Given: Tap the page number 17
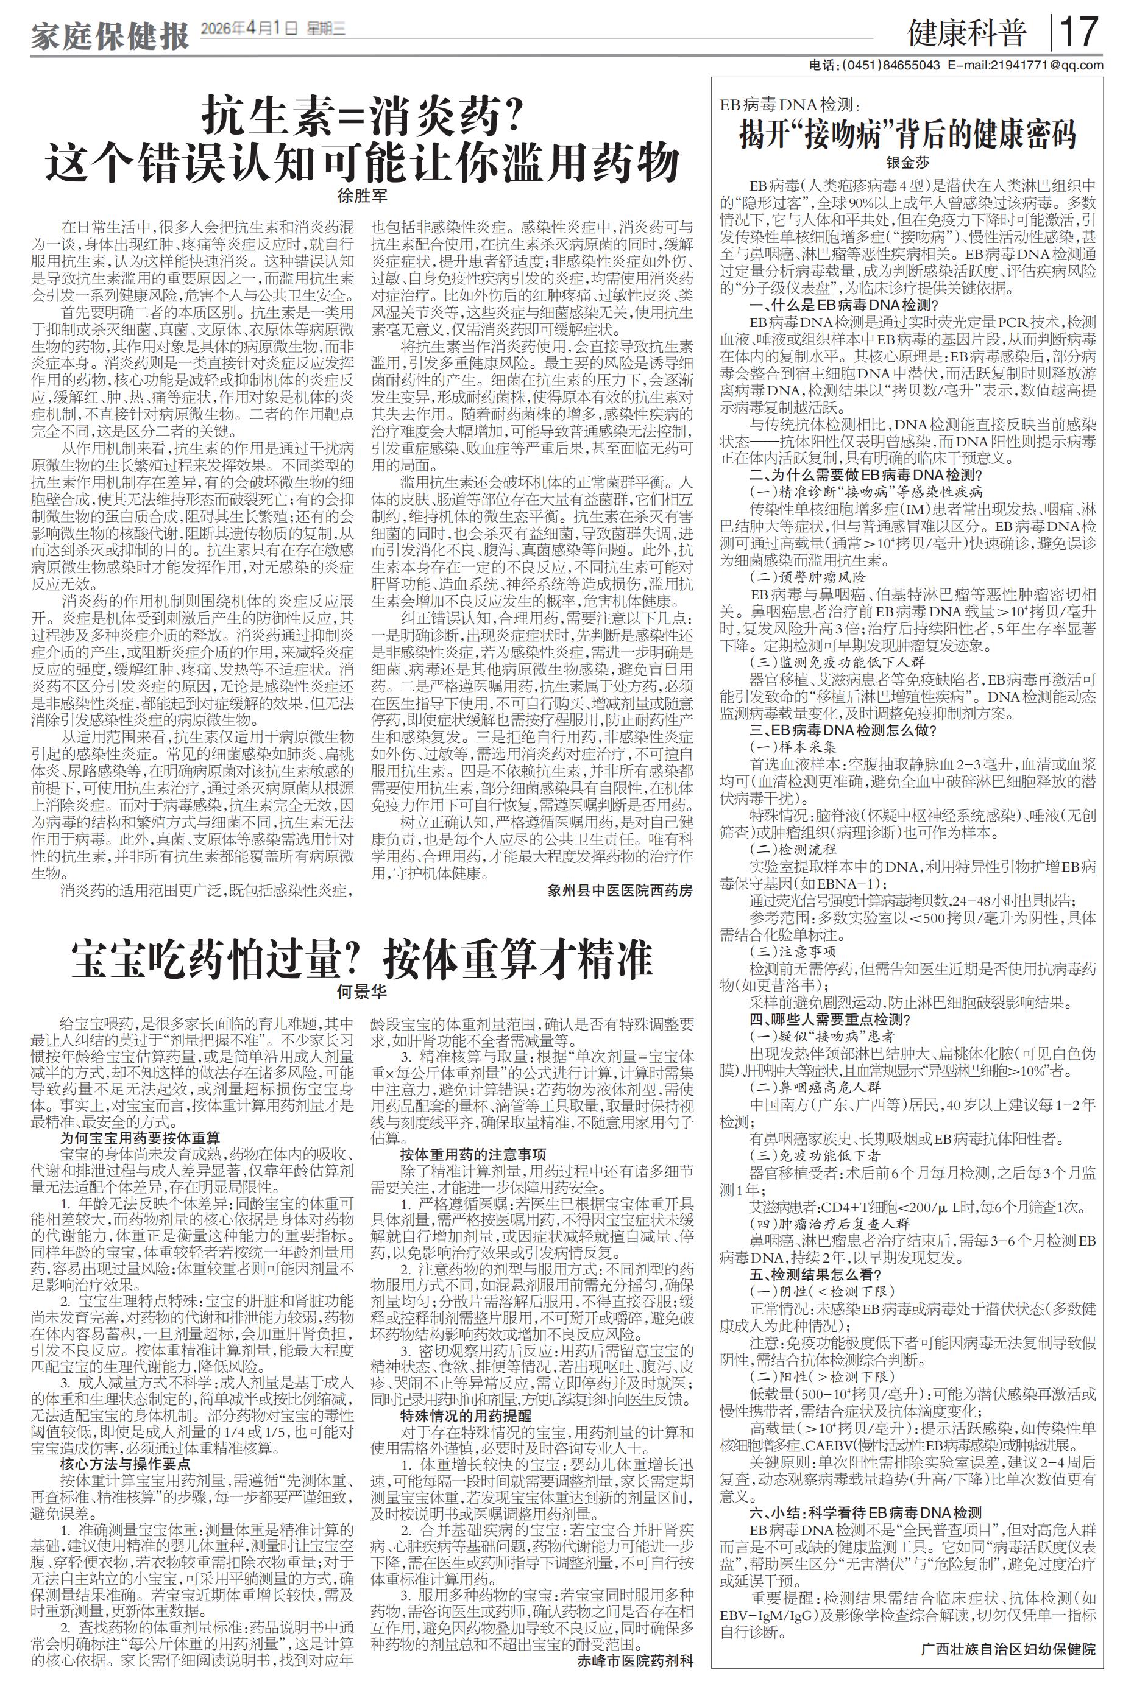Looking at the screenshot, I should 1079,32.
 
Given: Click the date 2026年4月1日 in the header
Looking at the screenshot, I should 249,28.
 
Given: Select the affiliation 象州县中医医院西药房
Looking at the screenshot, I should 620,890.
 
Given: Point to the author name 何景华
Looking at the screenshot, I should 363,992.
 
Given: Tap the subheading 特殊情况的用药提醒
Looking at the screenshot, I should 466,1415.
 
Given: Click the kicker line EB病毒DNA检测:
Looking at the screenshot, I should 788,105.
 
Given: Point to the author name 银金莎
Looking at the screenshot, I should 908,163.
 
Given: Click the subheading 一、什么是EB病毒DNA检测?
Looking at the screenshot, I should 854,305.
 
